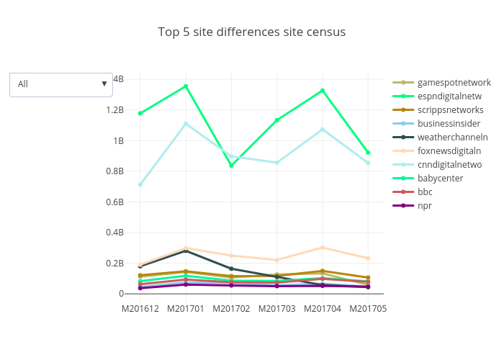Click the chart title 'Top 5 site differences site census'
pyautogui.click(x=252, y=32)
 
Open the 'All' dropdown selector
pyautogui.click(x=61, y=84)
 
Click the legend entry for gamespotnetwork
pyautogui.click(x=454, y=83)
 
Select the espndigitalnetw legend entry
pyautogui.click(x=449, y=96)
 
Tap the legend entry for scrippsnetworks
pyautogui.click(x=450, y=110)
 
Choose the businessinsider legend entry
pyautogui.click(x=449, y=124)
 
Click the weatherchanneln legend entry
pyautogui.click(x=452, y=138)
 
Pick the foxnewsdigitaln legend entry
pyautogui.click(x=449, y=151)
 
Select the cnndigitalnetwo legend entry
pyautogui.click(x=449, y=165)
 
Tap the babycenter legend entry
pyautogui.click(x=440, y=179)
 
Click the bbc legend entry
pyautogui.click(x=425, y=192)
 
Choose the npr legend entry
pyautogui.click(x=425, y=206)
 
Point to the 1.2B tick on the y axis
pyautogui.click(x=114, y=110)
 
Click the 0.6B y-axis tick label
pyautogui.click(x=114, y=202)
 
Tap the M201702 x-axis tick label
pyautogui.click(x=231, y=308)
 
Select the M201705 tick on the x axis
pyautogui.click(x=368, y=308)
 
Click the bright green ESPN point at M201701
pyautogui.click(x=186, y=86)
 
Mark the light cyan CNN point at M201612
pyautogui.click(x=140, y=184)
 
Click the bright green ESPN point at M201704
pyautogui.click(x=323, y=91)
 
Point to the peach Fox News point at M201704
pyautogui.click(x=323, y=248)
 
